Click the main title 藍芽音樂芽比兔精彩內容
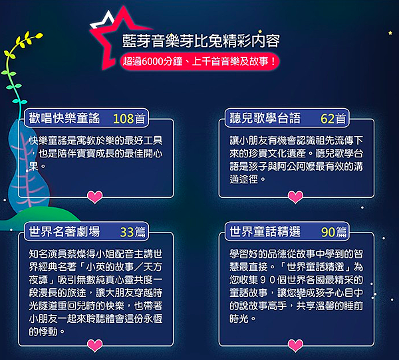tap(201, 41)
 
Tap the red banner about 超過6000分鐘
tap(199, 61)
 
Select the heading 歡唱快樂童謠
tap(65, 118)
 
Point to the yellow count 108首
tap(129, 118)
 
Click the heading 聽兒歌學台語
tap(265, 118)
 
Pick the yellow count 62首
tap(333, 118)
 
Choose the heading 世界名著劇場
tap(65, 232)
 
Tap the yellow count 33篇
tap(132, 232)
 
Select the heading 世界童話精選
tap(265, 232)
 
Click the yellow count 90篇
tap(334, 232)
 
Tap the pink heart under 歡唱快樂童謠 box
tap(95, 197)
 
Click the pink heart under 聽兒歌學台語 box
tap(295, 197)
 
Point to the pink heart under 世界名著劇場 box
tap(95, 345)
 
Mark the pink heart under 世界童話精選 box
tap(295, 345)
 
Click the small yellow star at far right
tap(390, 33)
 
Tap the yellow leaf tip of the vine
tap(39, 35)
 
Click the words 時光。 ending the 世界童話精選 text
tap(242, 319)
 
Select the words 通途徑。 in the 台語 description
tap(247, 179)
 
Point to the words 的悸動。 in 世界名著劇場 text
tap(47, 331)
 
